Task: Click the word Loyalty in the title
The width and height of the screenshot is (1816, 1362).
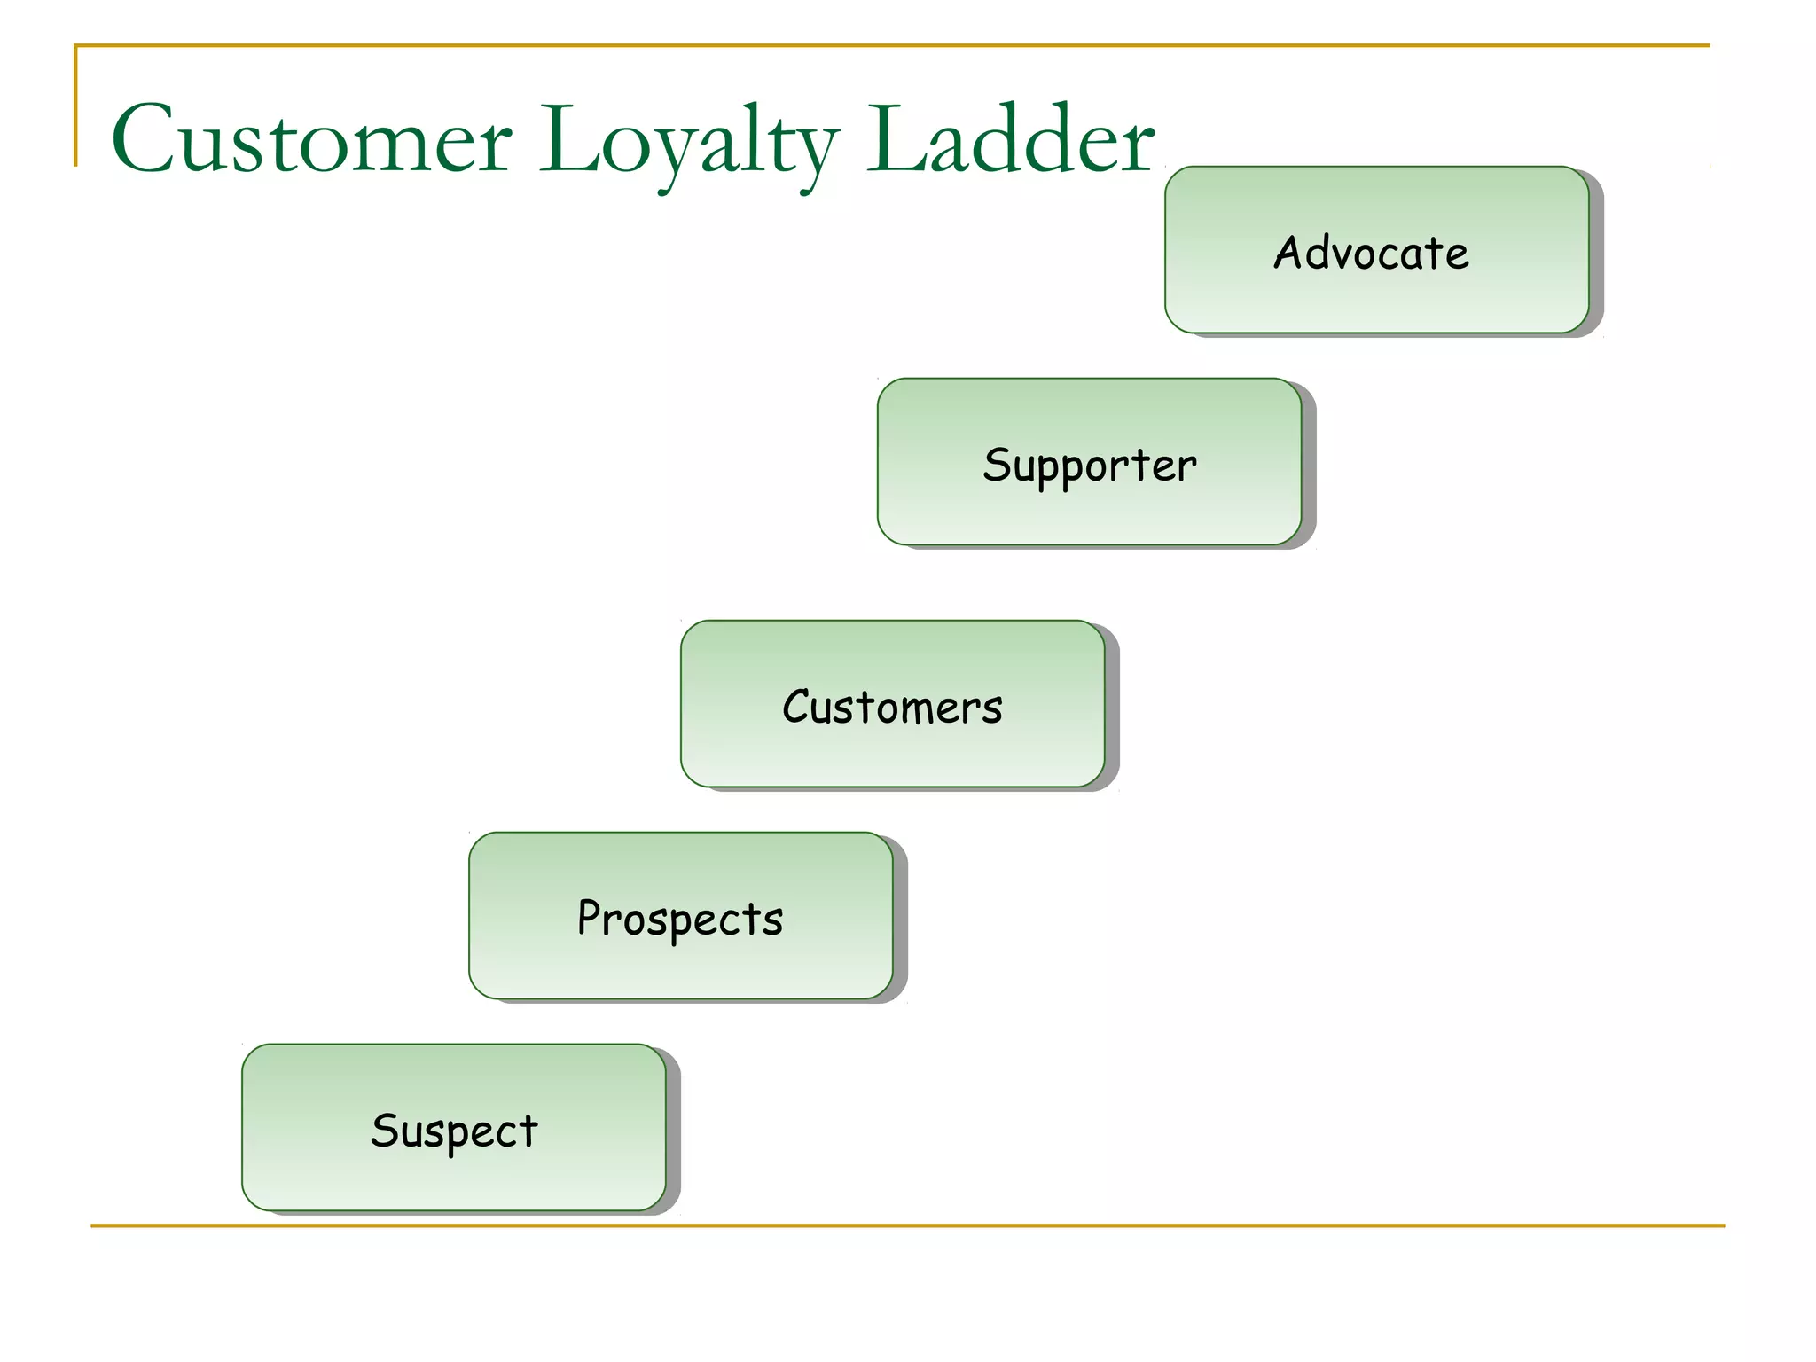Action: (x=688, y=142)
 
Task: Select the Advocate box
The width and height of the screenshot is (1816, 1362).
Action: (x=1376, y=250)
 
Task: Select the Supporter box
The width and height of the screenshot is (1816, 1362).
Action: (x=1089, y=461)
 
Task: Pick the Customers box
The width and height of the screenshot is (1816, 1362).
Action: (x=892, y=704)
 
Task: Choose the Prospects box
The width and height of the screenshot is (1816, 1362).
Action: (x=680, y=916)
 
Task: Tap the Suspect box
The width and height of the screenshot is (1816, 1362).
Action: (x=454, y=1128)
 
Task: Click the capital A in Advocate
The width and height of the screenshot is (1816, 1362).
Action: (x=1288, y=252)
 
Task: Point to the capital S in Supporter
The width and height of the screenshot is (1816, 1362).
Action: (x=997, y=464)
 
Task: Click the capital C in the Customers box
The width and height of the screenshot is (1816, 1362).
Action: (x=797, y=706)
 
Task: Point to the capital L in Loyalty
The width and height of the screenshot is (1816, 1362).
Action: (x=567, y=140)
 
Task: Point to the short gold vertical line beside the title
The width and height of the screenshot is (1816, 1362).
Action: (x=76, y=106)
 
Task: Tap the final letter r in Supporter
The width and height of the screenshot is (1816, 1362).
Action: (x=1188, y=467)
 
